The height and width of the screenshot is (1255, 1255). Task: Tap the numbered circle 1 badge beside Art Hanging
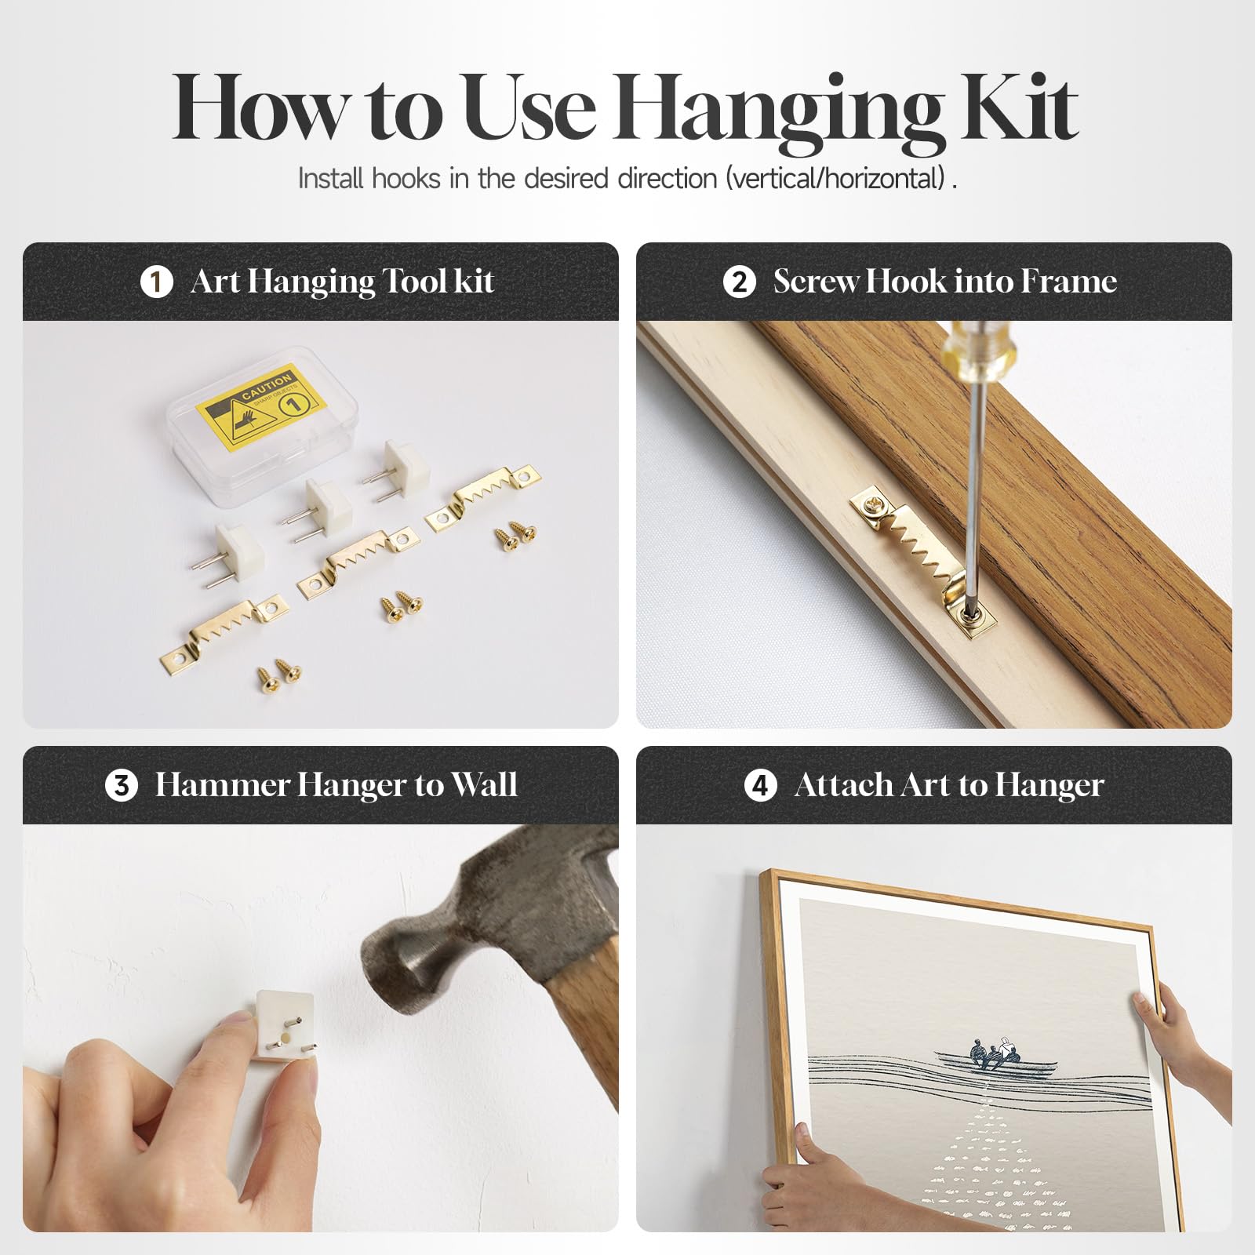click(156, 282)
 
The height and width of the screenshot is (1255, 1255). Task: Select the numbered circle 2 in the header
click(739, 282)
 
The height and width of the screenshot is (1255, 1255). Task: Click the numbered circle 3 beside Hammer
click(122, 785)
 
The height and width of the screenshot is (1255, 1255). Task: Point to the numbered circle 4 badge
click(760, 785)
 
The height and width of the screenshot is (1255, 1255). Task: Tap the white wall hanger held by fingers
click(286, 1024)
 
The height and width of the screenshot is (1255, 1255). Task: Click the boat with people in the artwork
click(995, 1058)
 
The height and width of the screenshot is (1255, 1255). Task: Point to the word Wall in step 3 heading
click(485, 785)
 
